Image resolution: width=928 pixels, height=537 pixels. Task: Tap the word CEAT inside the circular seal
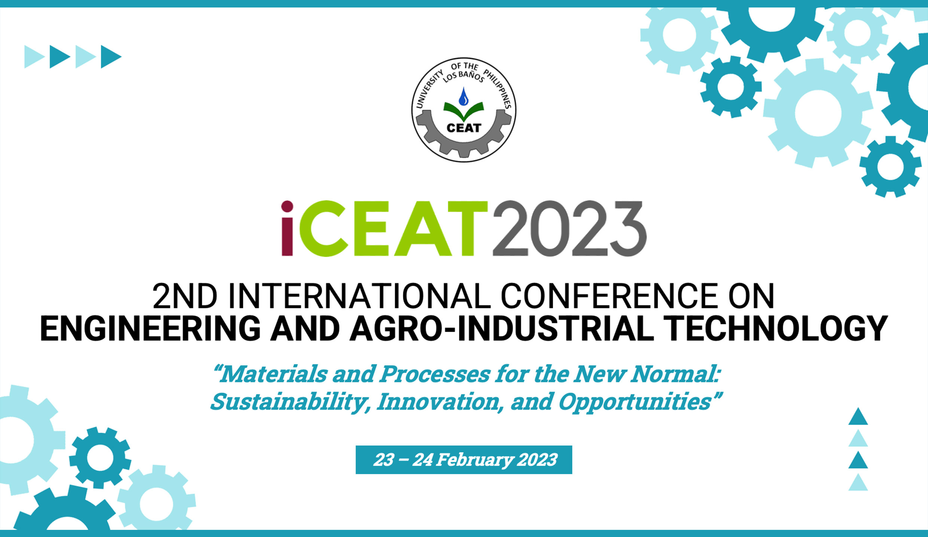464,128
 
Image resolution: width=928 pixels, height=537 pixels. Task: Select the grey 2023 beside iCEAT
570,228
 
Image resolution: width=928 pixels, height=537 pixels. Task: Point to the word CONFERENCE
609,296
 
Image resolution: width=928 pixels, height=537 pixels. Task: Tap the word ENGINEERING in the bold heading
150,328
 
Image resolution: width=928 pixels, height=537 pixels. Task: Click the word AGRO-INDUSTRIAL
502,328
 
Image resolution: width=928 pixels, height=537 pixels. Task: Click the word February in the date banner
474,460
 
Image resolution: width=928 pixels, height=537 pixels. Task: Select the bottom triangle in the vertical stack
858,483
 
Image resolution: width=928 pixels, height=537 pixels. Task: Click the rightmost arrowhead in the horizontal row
110,57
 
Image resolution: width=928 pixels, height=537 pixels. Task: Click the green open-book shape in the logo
464,110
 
